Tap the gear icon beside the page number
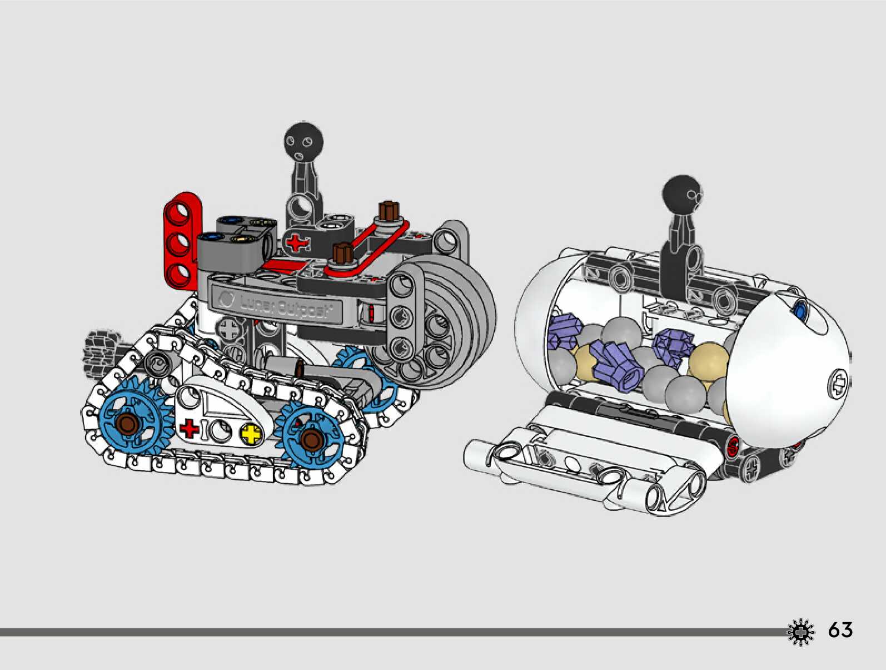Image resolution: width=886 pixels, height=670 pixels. [x=801, y=632]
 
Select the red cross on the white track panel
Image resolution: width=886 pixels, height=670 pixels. [x=189, y=428]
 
